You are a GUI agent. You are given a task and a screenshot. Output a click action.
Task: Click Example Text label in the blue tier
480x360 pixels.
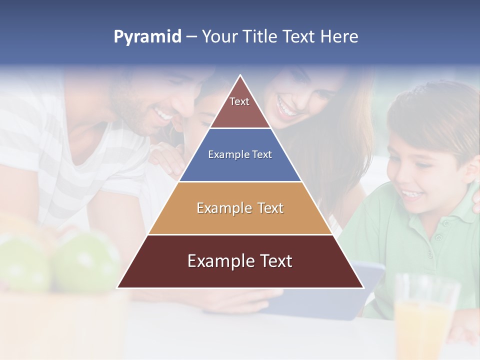click(240, 154)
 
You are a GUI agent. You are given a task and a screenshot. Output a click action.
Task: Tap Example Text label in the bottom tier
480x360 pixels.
click(240, 261)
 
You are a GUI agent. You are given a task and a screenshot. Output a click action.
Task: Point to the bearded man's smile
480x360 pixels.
click(162, 115)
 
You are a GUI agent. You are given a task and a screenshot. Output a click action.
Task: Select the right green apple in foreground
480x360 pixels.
click(85, 262)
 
